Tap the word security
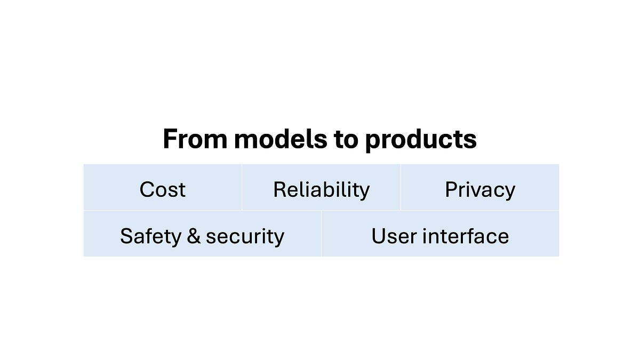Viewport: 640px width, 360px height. [x=245, y=236]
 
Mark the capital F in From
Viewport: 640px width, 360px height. [x=170, y=139]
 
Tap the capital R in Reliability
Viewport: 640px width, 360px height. [x=279, y=190]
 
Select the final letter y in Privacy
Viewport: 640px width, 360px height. [x=510, y=191]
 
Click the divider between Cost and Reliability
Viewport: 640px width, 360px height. [x=242, y=187]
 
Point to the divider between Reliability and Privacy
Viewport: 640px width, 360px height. [x=401, y=187]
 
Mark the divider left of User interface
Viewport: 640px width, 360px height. [x=321, y=234]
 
